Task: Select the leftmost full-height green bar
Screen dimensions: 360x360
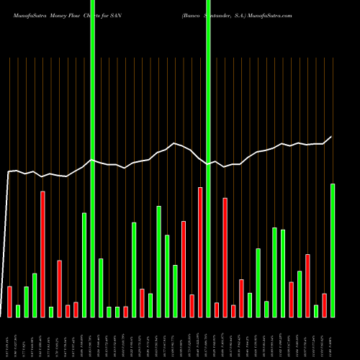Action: coord(93,158)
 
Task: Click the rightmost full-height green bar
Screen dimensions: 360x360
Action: coord(208,158)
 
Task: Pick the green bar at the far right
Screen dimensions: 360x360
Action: coord(333,250)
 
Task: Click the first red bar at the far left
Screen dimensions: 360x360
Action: coord(9,301)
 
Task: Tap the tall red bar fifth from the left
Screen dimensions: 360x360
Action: coord(42,253)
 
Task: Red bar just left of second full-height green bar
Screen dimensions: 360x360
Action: coord(199,252)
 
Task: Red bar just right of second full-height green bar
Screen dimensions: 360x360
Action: coord(217,310)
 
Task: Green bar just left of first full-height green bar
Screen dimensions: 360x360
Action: coord(84,264)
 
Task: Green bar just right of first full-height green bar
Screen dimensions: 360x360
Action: coord(101,287)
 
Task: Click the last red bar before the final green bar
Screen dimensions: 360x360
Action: coord(325,305)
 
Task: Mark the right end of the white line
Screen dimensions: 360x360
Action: coord(332,137)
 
